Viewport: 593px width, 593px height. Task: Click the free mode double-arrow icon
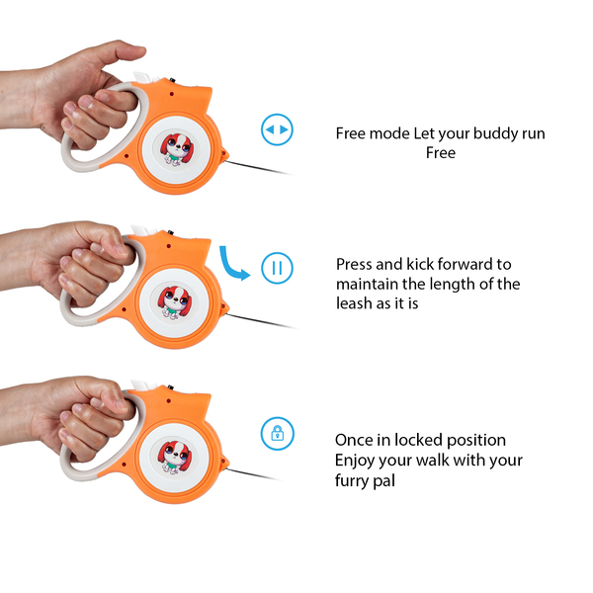pos(277,129)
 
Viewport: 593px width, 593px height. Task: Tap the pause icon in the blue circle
pos(277,268)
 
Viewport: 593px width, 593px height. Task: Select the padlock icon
pos(277,434)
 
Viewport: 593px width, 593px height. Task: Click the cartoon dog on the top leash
pos(177,149)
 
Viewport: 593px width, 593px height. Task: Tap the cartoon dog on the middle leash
pos(175,302)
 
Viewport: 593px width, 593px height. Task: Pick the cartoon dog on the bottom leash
pos(175,457)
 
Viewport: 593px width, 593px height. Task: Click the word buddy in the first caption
pos(496,133)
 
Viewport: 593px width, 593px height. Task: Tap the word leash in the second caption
pos(353,303)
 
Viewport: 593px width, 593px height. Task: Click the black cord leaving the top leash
pos(258,168)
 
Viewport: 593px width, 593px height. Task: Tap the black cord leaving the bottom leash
pos(253,474)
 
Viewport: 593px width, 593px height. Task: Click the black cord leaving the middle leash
pos(261,321)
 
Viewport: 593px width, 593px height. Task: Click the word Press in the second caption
pos(354,264)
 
